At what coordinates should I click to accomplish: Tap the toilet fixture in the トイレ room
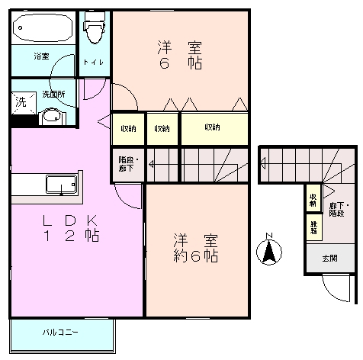[95, 31]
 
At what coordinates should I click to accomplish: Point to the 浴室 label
[41, 56]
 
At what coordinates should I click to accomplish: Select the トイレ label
[95, 63]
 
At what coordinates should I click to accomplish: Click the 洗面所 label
[53, 95]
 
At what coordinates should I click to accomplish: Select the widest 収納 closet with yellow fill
[214, 128]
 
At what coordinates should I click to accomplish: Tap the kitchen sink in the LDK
[60, 184]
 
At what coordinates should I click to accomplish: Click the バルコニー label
[61, 333]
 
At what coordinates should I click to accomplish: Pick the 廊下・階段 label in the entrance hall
[336, 209]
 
